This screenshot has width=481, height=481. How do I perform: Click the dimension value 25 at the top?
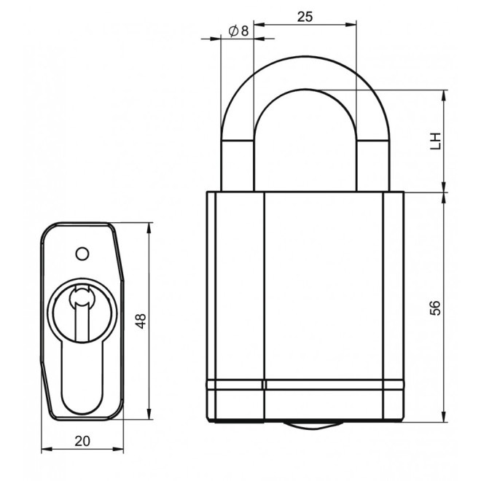coord(305,17)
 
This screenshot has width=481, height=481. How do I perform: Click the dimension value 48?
coord(141,321)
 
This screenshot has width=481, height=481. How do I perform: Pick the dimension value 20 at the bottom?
coord(82,440)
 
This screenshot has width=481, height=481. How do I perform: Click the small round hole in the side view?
coord(82,253)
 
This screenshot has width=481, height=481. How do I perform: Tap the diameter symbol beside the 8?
coord(232,31)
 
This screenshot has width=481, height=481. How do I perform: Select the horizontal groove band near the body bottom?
coord(305,385)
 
